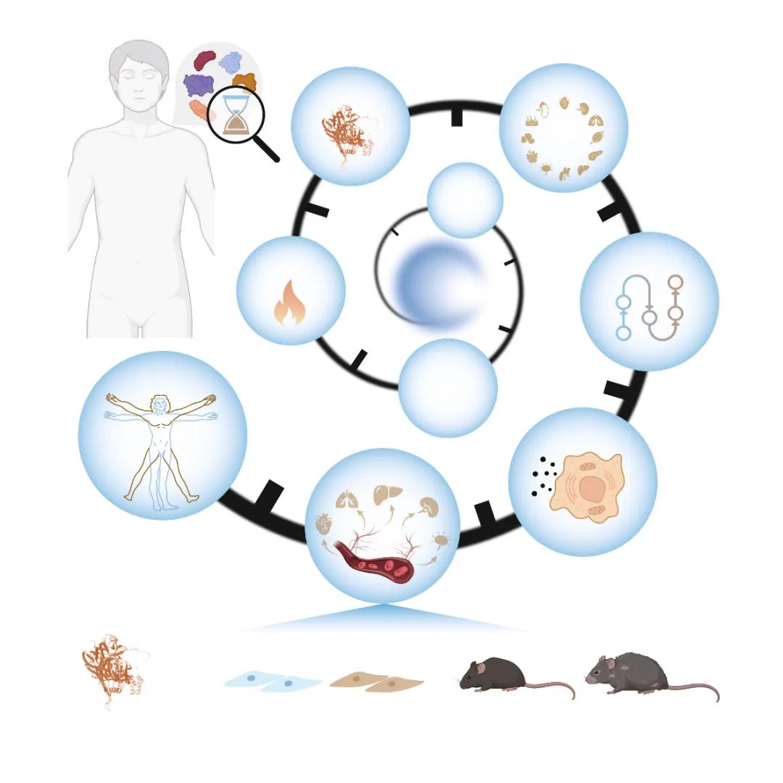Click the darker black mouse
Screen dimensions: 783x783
tap(493, 675)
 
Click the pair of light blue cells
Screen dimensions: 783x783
tap(272, 682)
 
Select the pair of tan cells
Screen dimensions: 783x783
tap(377, 682)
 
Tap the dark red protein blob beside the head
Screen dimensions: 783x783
tap(206, 60)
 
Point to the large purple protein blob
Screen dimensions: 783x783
tap(199, 86)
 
